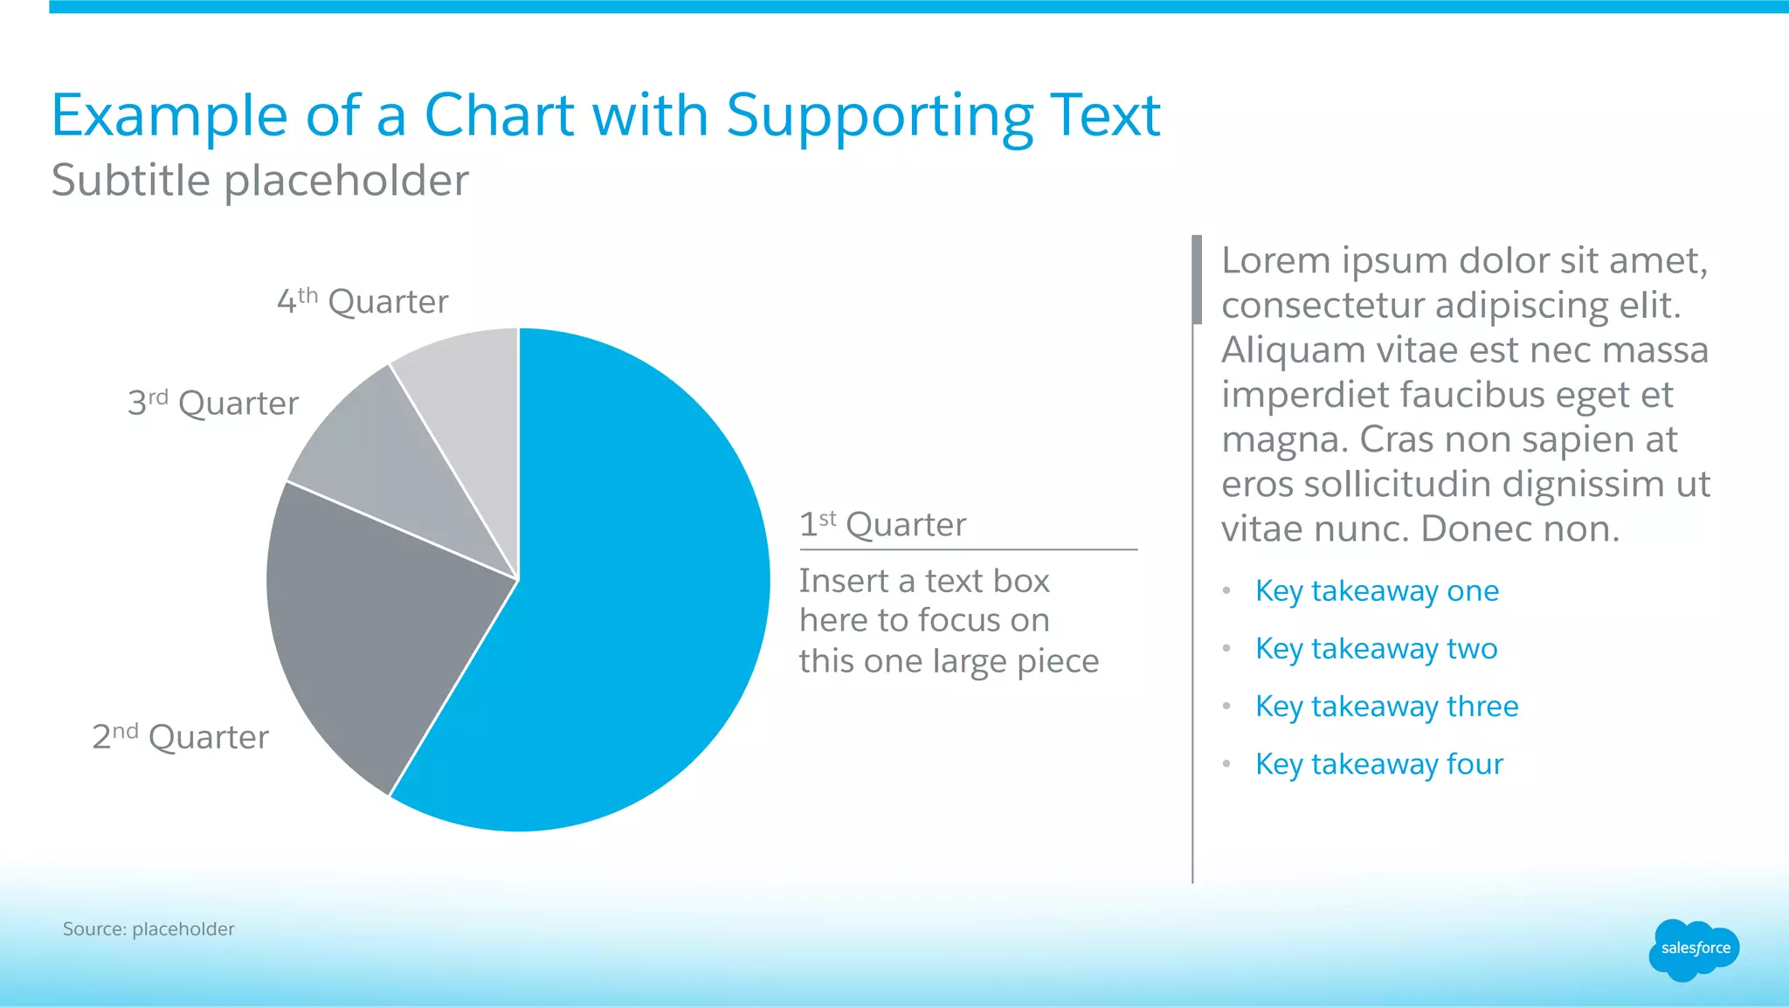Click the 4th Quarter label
point(363,301)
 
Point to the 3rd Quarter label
point(213,403)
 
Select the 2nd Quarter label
point(181,737)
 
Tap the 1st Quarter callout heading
point(883,524)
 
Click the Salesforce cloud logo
point(1694,949)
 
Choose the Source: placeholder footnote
point(149,929)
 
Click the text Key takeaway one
point(1377,591)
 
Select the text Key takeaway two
point(1376,649)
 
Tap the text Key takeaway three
point(1386,707)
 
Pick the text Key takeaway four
point(1379,764)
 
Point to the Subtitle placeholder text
point(259,181)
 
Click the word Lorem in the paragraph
point(1275,260)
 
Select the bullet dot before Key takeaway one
point(1226,591)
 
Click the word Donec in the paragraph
point(1475,529)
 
